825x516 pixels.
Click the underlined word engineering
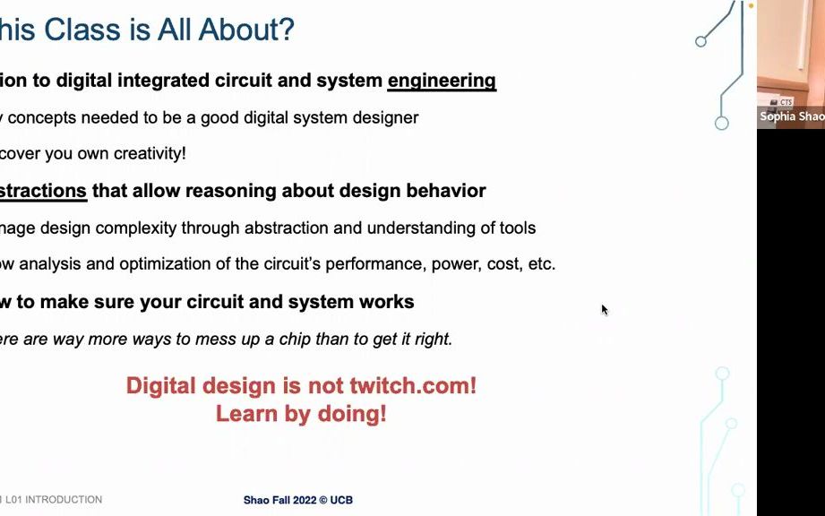click(x=442, y=81)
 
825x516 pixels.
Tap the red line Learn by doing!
click(x=301, y=414)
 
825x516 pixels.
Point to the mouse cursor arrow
click(x=604, y=309)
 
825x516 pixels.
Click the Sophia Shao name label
click(x=792, y=116)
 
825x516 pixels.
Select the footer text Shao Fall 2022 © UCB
click(x=297, y=500)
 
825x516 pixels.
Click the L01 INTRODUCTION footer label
click(x=54, y=500)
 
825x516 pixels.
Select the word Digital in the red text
click(x=162, y=386)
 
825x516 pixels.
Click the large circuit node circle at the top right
click(x=721, y=123)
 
